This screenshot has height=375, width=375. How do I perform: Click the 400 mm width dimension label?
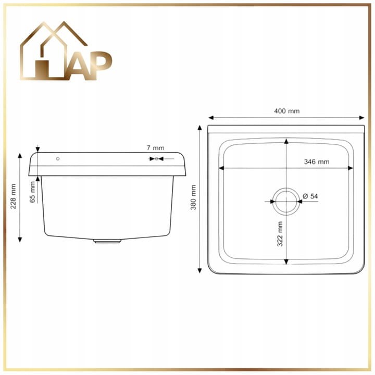286,111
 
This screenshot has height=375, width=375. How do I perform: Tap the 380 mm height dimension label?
193,197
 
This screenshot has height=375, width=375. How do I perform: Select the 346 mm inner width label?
317,161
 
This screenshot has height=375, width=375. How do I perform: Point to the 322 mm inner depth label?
280,234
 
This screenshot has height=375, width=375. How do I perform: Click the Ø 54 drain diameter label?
310,196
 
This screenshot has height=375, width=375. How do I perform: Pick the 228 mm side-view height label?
13,196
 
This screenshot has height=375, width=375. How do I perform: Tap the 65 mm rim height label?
32,192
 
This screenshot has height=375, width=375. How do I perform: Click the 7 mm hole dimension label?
155,148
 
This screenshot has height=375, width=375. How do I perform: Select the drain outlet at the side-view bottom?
107,241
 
